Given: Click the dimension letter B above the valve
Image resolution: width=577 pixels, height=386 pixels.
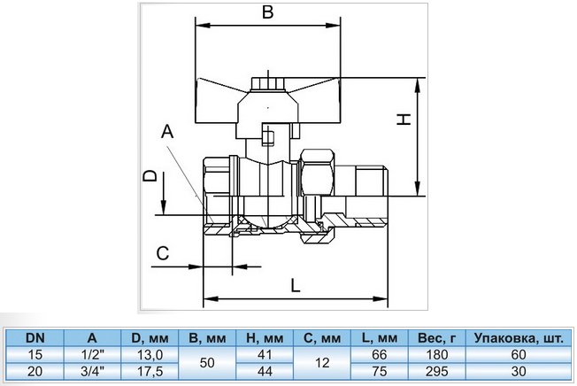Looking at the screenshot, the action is [x=268, y=12].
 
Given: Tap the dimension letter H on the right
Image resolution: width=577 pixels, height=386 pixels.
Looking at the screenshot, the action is [x=404, y=120].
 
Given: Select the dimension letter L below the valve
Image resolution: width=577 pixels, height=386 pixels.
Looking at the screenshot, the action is [x=296, y=286].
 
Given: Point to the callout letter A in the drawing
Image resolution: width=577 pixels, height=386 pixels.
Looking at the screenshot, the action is [x=167, y=131].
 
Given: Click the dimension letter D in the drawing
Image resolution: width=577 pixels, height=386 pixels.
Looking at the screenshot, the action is [x=150, y=176].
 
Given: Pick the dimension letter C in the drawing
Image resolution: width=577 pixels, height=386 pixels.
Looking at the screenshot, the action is [x=162, y=253].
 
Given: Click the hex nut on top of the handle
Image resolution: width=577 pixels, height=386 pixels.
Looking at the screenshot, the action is [x=267, y=83].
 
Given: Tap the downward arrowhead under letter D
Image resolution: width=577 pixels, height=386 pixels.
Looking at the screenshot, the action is [x=164, y=206].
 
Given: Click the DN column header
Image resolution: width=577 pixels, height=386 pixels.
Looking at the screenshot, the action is [x=35, y=338].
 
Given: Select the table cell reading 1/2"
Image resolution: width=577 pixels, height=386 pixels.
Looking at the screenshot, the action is [x=92, y=355].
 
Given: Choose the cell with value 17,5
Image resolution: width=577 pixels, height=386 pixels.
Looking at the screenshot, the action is [x=150, y=371].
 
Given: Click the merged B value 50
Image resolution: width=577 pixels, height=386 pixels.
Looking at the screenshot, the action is [x=207, y=363].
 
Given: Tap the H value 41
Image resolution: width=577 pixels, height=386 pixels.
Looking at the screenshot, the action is [x=265, y=355].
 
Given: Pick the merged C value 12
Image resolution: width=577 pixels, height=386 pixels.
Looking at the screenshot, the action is [x=322, y=363].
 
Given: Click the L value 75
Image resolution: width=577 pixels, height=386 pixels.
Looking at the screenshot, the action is [x=380, y=371].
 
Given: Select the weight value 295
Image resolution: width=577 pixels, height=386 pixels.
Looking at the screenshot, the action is [x=437, y=371].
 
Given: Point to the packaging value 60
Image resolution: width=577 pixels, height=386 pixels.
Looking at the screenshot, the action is [x=519, y=355].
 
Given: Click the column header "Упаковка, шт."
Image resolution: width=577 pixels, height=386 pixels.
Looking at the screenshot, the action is [x=519, y=338].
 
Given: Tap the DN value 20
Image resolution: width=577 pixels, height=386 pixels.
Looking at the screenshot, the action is [x=35, y=371].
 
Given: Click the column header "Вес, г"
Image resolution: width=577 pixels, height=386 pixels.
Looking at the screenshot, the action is [x=437, y=338].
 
